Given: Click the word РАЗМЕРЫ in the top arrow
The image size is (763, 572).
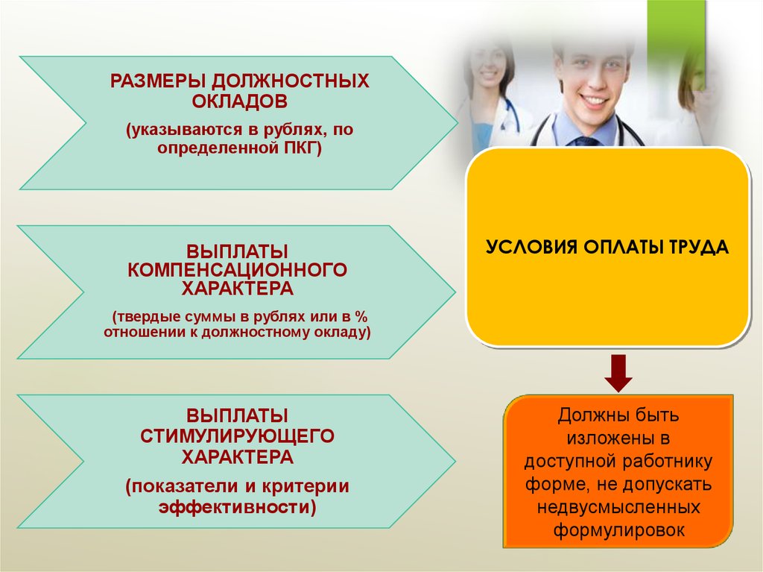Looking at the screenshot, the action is (x=159, y=81).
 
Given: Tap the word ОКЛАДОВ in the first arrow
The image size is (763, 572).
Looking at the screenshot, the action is (x=239, y=101).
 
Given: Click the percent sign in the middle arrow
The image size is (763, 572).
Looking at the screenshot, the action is (x=361, y=317).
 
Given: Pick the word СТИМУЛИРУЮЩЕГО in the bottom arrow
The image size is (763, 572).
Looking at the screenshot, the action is (x=237, y=436).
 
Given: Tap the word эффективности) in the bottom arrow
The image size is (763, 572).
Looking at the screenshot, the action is (x=238, y=506).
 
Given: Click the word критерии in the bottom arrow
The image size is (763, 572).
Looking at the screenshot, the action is (x=305, y=486).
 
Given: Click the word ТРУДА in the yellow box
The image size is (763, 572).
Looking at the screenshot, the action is (x=698, y=247).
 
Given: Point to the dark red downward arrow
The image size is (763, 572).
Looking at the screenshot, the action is (x=618, y=373).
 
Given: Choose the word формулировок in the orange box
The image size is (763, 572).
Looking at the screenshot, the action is (x=619, y=529).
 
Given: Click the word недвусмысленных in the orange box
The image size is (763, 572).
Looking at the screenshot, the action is (x=618, y=507).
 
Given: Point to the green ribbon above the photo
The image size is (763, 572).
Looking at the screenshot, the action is (x=676, y=39).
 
